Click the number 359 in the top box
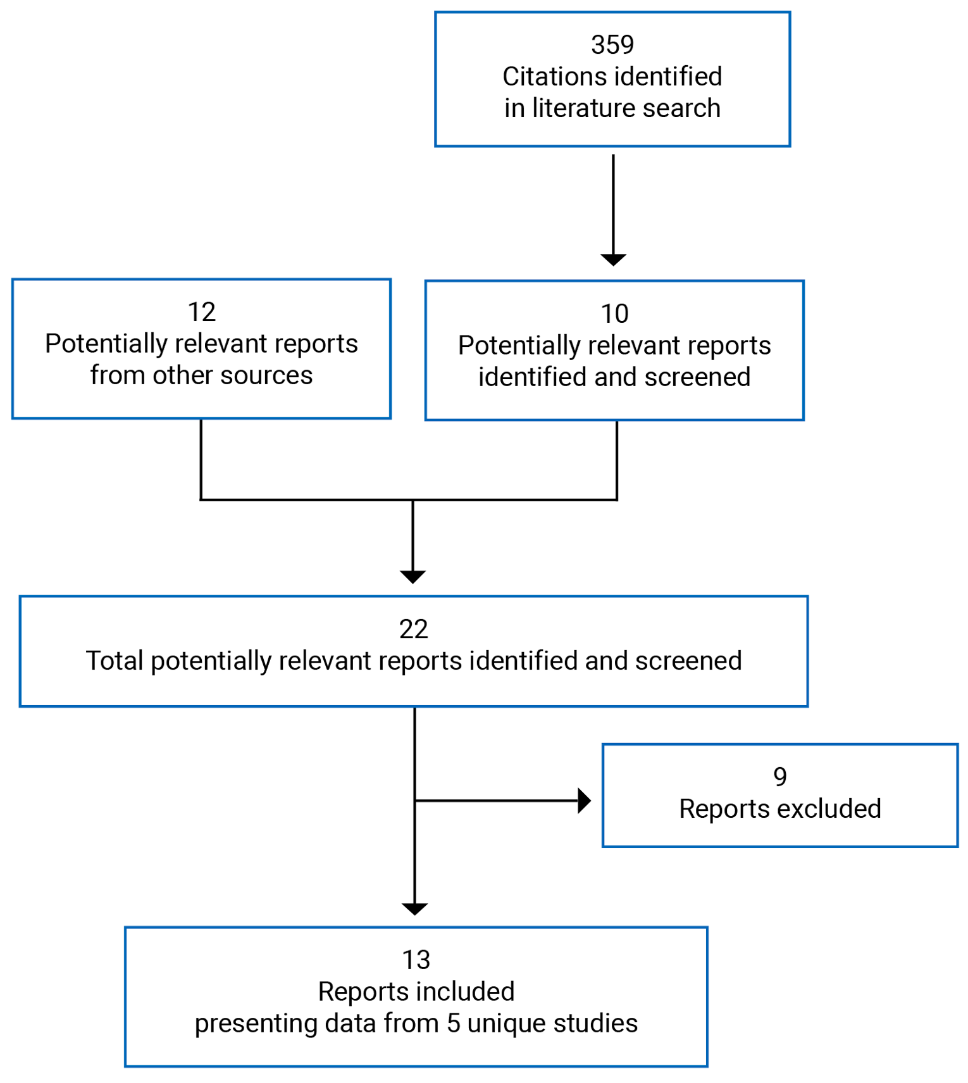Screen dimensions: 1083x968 (612, 45)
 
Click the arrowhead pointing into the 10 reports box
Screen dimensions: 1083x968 (613, 260)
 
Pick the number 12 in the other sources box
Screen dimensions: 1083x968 (201, 312)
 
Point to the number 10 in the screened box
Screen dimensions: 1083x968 (614, 314)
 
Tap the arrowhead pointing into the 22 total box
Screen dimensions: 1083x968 (413, 577)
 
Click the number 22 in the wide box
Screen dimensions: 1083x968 (414, 629)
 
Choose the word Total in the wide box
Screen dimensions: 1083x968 (115, 661)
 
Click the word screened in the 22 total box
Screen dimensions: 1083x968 (688, 661)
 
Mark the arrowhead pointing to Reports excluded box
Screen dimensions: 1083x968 (585, 801)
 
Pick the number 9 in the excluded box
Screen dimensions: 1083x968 (780, 777)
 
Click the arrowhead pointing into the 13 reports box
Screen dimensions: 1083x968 (415, 909)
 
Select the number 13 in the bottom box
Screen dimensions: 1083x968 (416, 960)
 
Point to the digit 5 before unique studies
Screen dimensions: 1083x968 (453, 1024)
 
